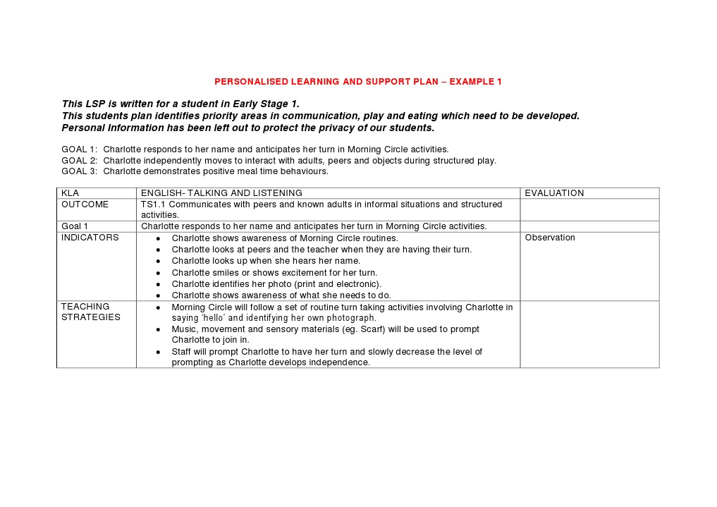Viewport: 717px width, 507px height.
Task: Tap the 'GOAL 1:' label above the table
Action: [x=79, y=149]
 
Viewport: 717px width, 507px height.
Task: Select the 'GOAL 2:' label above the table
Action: [x=79, y=160]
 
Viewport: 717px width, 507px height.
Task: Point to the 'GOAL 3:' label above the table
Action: [x=79, y=171]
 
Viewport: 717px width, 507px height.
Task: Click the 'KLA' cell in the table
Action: [x=70, y=193]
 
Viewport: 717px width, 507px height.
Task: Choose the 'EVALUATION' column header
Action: [x=554, y=193]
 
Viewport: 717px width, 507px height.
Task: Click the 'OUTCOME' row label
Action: [x=85, y=204]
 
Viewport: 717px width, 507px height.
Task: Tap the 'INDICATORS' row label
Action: [x=90, y=238]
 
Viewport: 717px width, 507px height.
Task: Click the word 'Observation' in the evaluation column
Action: [x=550, y=238]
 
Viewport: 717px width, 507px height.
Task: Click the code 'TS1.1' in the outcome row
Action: [x=153, y=204]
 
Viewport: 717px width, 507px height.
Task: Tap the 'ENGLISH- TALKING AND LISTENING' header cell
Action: [x=221, y=193]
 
